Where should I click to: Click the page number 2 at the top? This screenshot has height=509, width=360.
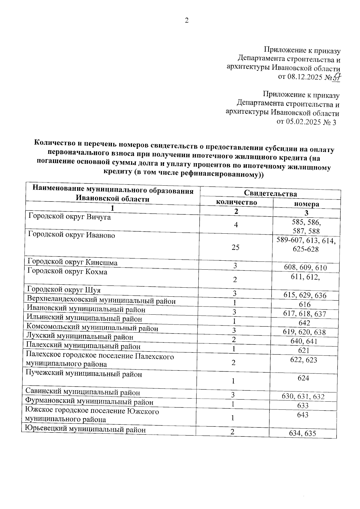pos(187,21)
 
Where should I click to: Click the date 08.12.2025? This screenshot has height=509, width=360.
pos(305,77)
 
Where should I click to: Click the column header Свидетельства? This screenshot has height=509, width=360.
pos(270,193)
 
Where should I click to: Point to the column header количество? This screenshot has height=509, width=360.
pos(236,202)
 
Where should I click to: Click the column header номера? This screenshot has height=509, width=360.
pos(306,204)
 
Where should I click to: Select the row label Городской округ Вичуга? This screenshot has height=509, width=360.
pos(69,217)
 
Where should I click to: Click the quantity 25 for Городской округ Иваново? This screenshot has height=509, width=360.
pos(235,247)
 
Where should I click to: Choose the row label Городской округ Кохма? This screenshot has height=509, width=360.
pos(67,272)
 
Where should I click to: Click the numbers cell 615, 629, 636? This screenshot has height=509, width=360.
pos(305,295)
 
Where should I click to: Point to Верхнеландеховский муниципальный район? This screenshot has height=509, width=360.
pos(101,300)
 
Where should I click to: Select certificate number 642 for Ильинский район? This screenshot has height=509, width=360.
pos(304,323)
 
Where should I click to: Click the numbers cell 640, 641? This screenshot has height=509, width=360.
pos(304,341)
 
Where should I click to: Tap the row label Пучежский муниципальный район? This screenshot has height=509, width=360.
pos(84,374)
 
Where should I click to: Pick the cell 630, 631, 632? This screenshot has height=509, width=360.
pos(303,397)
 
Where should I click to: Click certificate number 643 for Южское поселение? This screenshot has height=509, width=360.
pos(302,415)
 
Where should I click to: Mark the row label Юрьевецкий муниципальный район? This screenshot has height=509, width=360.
pos(85,430)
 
